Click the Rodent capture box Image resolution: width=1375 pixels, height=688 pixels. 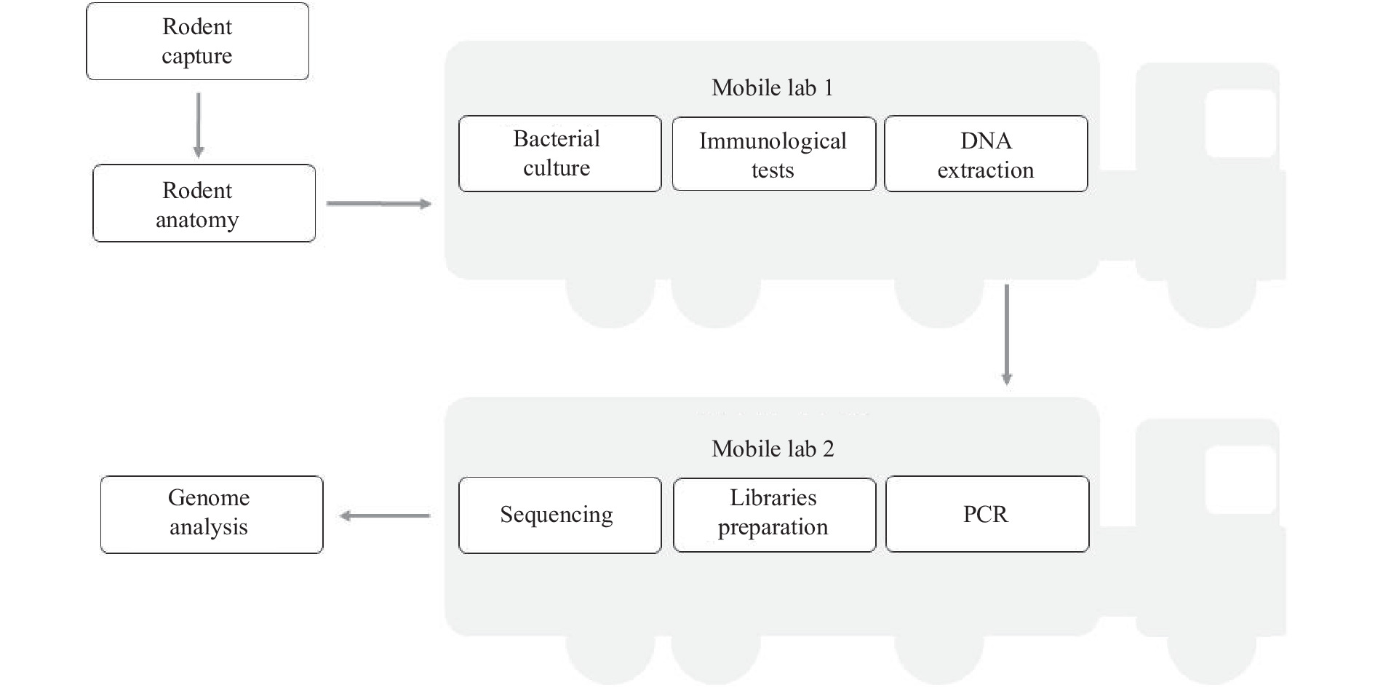(x=197, y=41)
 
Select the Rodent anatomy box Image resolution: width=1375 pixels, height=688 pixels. (x=204, y=203)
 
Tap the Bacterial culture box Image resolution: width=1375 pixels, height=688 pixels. (x=560, y=154)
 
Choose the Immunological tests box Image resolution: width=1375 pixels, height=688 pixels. (x=774, y=154)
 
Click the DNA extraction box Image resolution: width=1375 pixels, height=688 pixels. (x=986, y=154)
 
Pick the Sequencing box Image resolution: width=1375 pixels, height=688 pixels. (x=560, y=515)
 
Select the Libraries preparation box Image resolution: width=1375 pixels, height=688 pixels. (x=774, y=515)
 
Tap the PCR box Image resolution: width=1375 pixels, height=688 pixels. (x=987, y=514)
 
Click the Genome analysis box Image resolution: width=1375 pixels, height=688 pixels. (x=212, y=515)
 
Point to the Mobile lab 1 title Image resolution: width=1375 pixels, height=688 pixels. (x=772, y=87)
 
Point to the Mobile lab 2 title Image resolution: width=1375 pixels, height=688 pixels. (x=773, y=448)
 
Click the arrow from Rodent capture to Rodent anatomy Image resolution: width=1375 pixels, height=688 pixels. (x=198, y=124)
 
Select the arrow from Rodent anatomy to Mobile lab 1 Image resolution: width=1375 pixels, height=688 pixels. (x=379, y=204)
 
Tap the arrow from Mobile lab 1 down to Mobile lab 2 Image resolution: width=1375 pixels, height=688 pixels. (x=1007, y=334)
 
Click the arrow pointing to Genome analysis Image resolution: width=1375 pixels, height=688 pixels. (x=385, y=515)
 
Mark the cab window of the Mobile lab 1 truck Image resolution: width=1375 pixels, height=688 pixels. (x=1241, y=123)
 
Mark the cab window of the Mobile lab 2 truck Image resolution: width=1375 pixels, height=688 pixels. (x=1241, y=479)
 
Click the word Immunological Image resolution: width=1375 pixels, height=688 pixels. (x=773, y=141)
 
